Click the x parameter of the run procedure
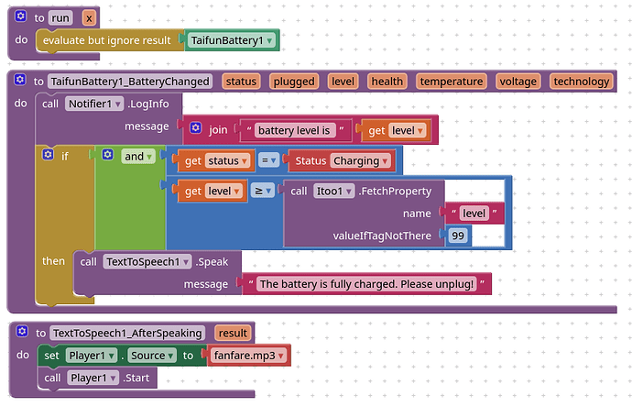click(89, 18)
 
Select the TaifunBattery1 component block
click(232, 40)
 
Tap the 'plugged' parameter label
click(294, 82)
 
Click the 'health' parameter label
click(387, 82)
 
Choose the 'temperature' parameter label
click(452, 82)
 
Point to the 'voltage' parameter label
click(518, 82)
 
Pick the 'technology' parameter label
click(582, 82)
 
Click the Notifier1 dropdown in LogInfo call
click(94, 104)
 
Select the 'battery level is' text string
click(295, 130)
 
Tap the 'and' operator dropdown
click(137, 157)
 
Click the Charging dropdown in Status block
click(361, 161)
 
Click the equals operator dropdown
click(268, 160)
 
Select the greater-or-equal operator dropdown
click(262, 191)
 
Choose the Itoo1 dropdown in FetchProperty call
click(333, 192)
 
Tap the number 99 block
click(457, 236)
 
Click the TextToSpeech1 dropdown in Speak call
click(147, 262)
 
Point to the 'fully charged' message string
click(366, 284)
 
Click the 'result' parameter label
click(233, 333)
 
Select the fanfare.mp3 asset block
click(249, 356)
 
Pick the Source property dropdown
click(152, 356)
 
